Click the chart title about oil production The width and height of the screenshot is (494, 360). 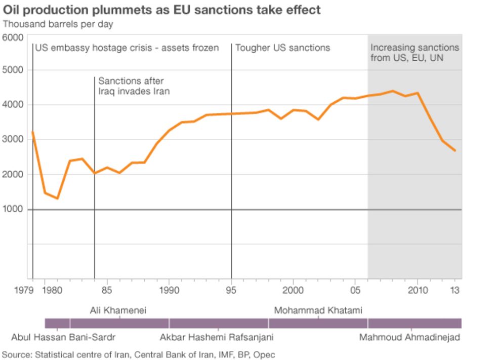[x=162, y=10]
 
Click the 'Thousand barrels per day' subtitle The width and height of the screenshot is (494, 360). [x=58, y=24]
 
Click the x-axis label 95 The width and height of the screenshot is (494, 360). [x=231, y=290]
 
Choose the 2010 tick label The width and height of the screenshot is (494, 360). [x=417, y=290]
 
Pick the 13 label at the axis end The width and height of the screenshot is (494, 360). [x=456, y=290]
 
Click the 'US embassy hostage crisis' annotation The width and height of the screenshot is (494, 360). [x=127, y=48]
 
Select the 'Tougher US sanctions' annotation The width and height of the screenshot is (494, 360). [x=282, y=48]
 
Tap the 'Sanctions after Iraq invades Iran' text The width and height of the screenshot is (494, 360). [x=134, y=86]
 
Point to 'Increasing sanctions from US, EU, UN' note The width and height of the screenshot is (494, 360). [x=415, y=53]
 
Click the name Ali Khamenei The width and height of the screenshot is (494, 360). [x=118, y=310]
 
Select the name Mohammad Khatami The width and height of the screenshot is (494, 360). [x=318, y=310]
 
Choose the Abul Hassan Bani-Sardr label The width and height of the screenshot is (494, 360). [x=63, y=337]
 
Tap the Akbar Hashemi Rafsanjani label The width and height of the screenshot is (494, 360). [x=217, y=337]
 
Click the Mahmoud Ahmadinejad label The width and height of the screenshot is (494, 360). [x=409, y=337]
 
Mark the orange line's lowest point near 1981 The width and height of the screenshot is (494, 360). [x=57, y=198]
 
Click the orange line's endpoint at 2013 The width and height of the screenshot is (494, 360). [x=455, y=150]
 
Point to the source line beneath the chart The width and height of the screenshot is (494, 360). [x=139, y=354]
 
